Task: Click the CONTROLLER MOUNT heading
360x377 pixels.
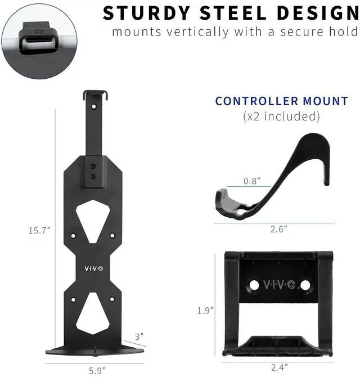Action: pyautogui.click(x=281, y=101)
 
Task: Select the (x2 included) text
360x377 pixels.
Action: pyautogui.click(x=281, y=116)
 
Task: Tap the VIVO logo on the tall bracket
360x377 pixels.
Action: pyautogui.click(x=93, y=269)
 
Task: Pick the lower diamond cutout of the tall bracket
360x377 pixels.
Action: pyautogui.click(x=93, y=313)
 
